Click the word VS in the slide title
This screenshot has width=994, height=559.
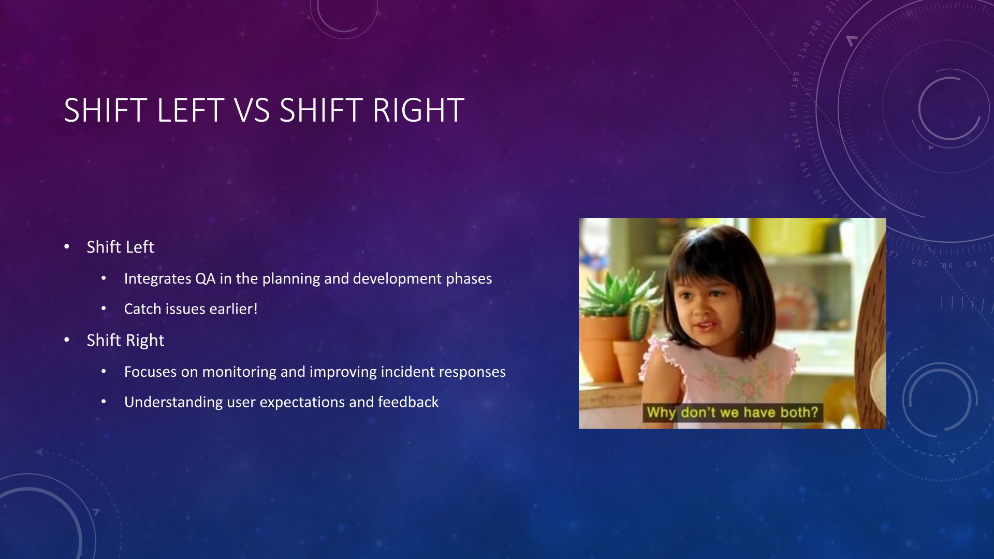pyautogui.click(x=252, y=110)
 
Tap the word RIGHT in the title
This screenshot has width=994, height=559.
pyautogui.click(x=418, y=110)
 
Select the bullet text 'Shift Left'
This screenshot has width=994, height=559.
pyautogui.click(x=120, y=247)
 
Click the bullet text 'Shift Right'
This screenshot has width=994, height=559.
pyautogui.click(x=125, y=340)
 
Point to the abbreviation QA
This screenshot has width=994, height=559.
pyautogui.click(x=205, y=279)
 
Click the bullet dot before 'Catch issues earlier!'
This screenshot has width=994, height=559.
pyautogui.click(x=104, y=308)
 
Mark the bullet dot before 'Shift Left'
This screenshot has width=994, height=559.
pyautogui.click(x=67, y=247)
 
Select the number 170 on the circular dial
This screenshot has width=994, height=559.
pyautogui.click(x=793, y=110)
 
